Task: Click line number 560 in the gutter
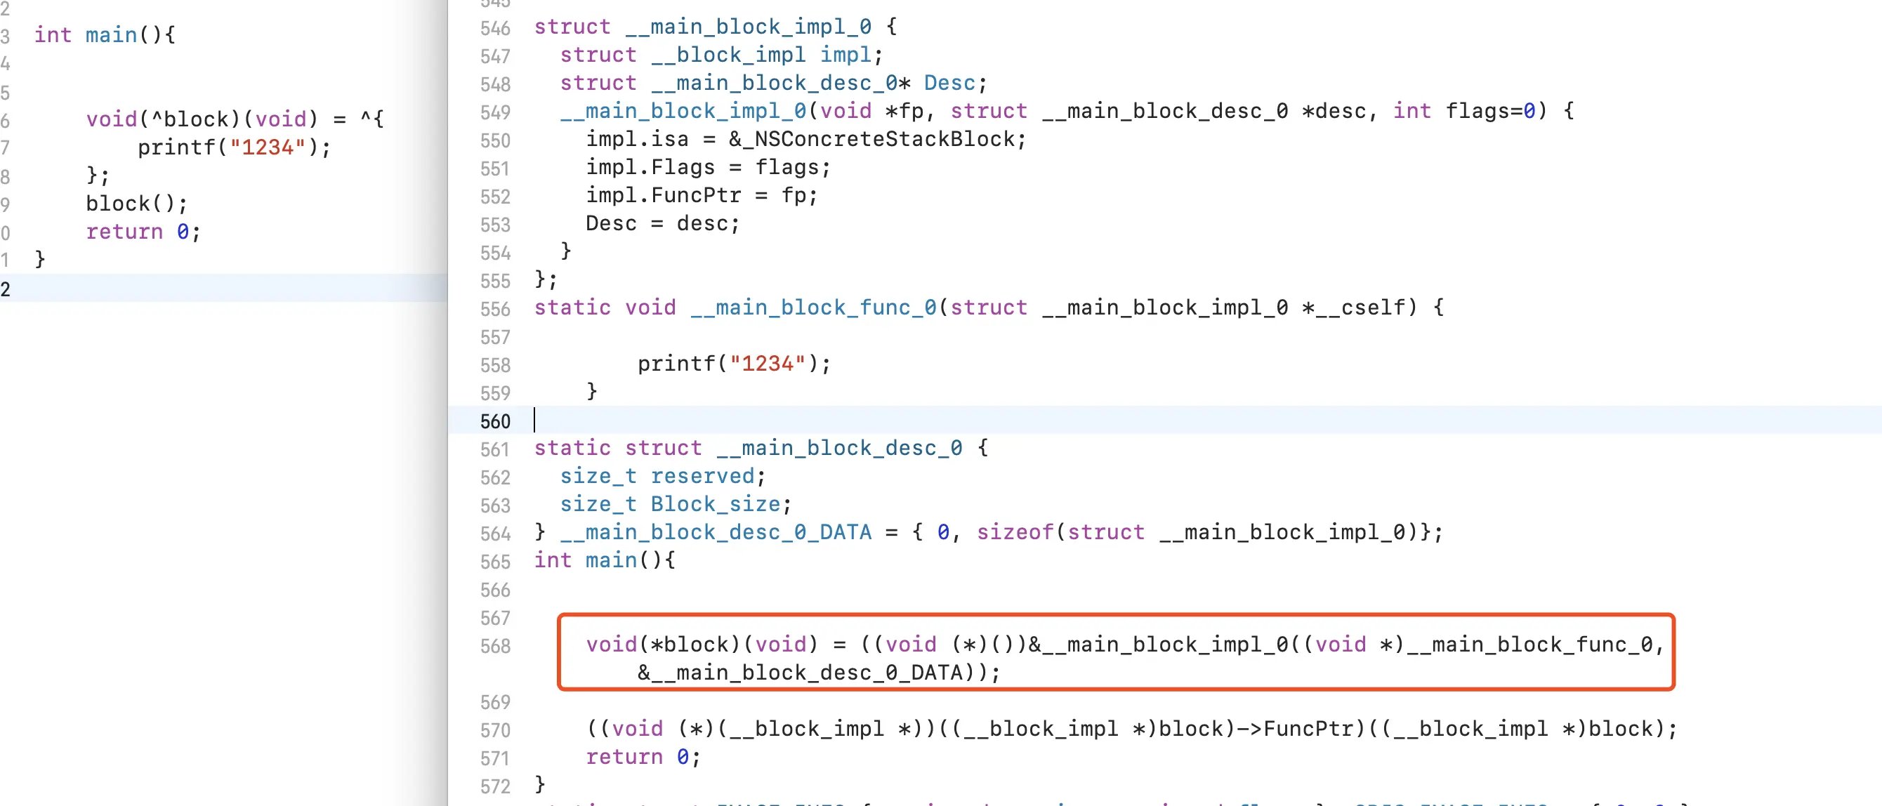coord(494,422)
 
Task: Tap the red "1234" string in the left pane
coord(268,147)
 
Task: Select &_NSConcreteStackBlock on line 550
coord(876,139)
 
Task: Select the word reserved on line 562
coord(703,477)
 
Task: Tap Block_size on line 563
coord(716,504)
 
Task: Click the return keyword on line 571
coord(624,757)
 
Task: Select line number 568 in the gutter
coord(494,646)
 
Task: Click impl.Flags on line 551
coord(650,167)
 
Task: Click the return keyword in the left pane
coord(124,232)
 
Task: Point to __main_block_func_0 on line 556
coord(812,308)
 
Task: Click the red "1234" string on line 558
coord(767,364)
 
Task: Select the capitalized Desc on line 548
coord(949,84)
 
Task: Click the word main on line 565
coord(611,560)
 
